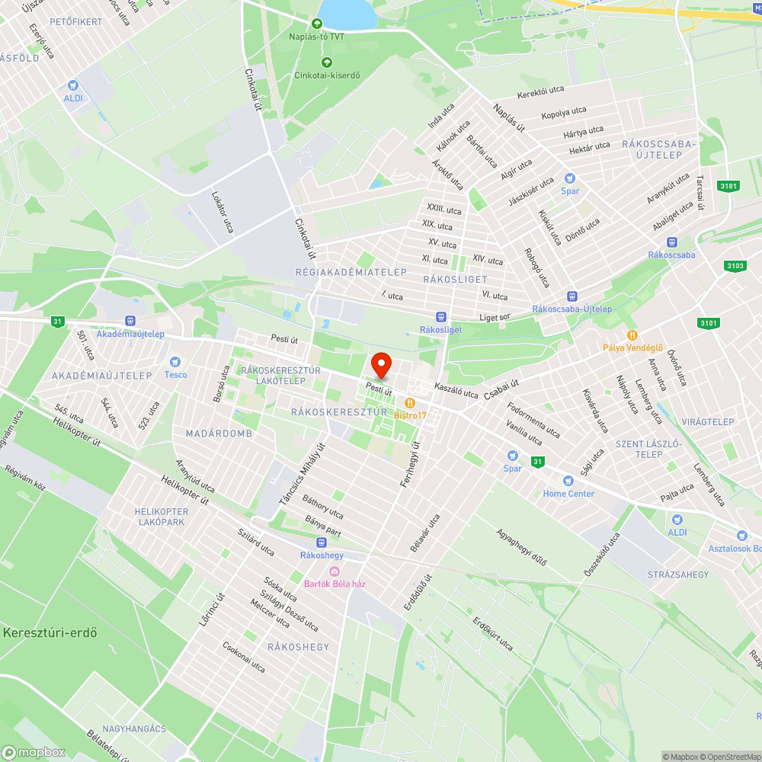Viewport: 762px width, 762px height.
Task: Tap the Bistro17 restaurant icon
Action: point(410,402)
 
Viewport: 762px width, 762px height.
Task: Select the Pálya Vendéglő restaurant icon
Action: point(631,335)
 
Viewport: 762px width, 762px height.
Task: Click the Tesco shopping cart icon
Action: point(175,362)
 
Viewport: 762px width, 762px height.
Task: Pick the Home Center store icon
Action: point(568,481)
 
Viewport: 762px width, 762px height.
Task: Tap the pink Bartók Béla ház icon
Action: point(334,571)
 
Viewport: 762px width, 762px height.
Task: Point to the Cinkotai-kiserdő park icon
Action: point(327,62)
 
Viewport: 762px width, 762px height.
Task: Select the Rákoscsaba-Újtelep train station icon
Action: point(572,296)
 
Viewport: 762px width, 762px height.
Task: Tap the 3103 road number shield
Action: point(735,265)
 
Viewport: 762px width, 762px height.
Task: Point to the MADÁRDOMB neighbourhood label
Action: point(219,434)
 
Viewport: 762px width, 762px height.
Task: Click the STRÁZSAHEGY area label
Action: point(678,574)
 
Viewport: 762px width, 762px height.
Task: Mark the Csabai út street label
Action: point(501,390)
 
